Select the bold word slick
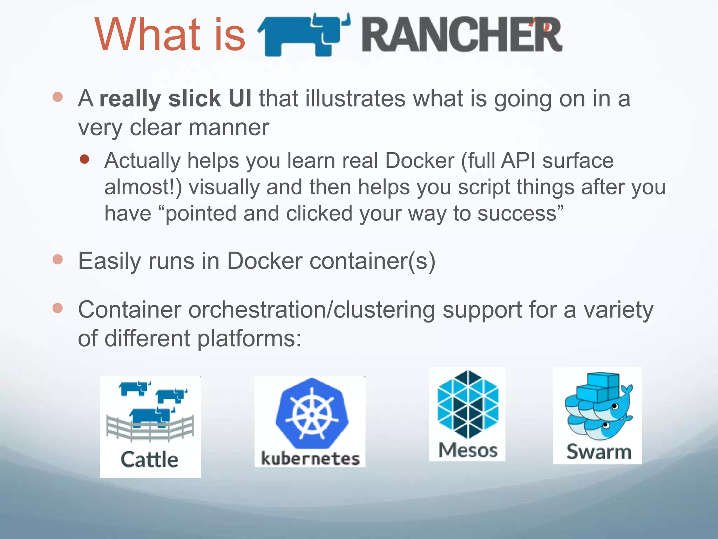pos(194,99)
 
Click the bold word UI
pos(240,99)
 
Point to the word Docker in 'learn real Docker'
pos(419,161)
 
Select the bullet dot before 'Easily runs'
pos(57,260)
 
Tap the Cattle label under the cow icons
pos(149,460)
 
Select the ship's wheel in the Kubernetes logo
pos(312,414)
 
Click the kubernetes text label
pos(310,459)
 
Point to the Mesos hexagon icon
pos(468,405)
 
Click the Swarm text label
pos(599,452)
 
